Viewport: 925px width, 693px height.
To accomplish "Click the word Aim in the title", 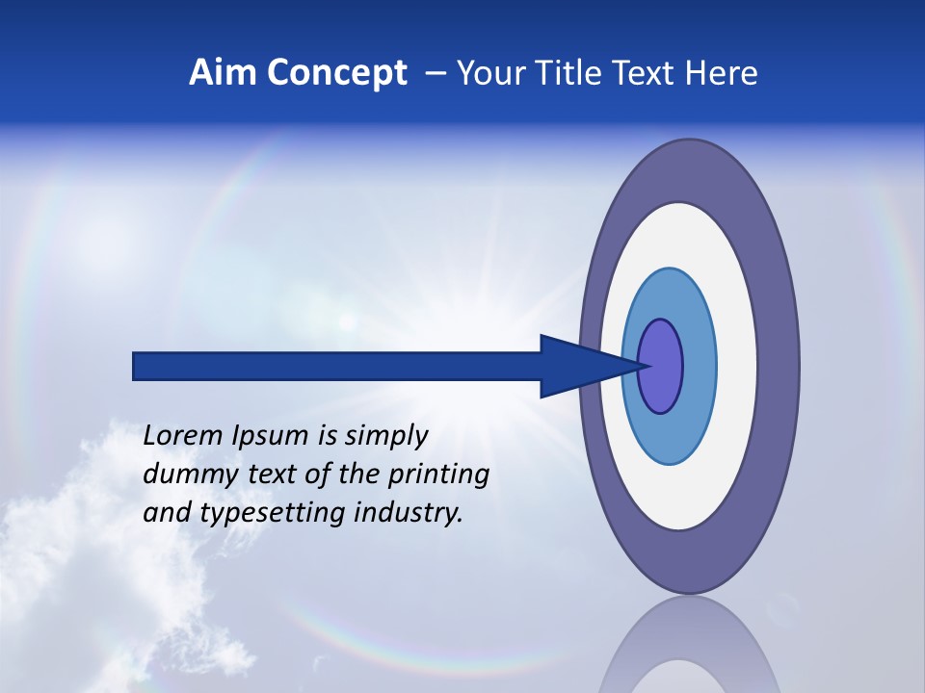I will coord(216,73).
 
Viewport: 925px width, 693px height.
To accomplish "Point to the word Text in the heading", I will coord(646,73).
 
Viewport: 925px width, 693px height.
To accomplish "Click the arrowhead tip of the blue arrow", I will coord(644,366).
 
